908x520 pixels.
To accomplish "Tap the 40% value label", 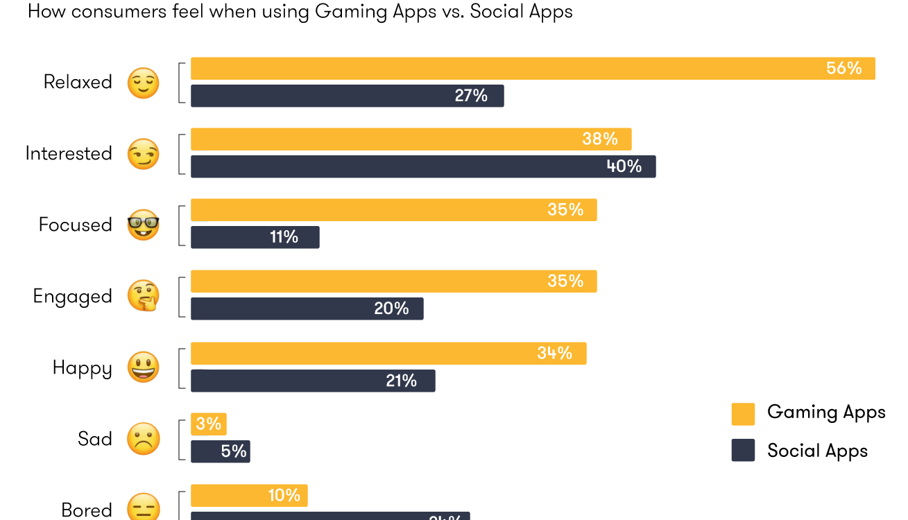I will point(624,166).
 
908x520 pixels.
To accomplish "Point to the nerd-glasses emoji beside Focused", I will point(144,225).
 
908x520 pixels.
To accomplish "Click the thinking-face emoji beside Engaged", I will point(144,296).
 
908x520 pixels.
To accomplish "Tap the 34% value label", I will point(554,353).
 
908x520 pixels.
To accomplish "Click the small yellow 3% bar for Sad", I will point(208,424).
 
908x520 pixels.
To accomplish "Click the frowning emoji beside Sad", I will point(144,439).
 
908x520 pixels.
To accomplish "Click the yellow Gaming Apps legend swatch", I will point(743,413).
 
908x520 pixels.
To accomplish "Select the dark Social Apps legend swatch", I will point(743,451).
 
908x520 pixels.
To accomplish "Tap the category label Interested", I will point(69,153).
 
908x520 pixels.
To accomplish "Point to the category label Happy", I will point(82,368).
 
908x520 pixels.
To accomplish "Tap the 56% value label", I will point(843,68).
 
